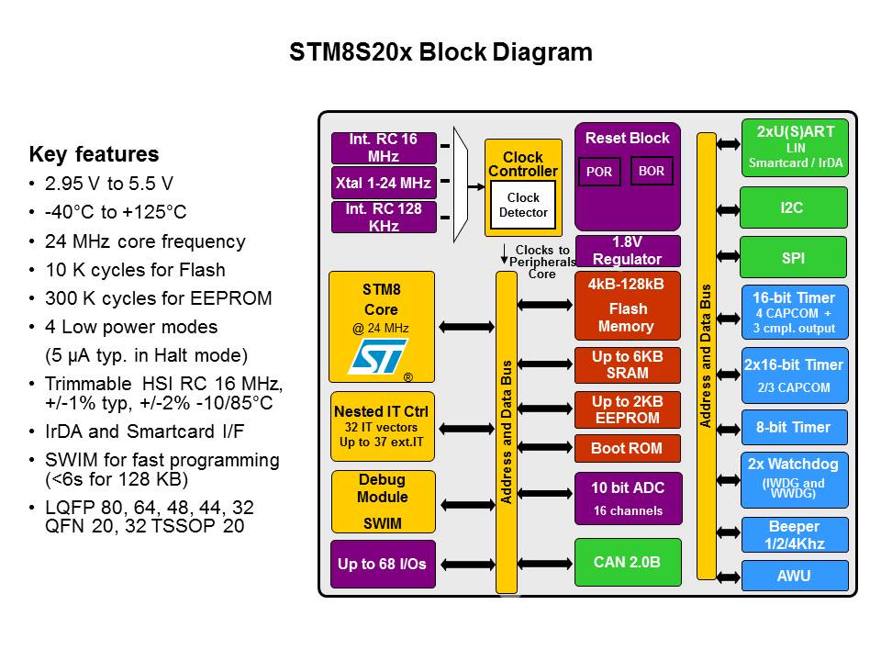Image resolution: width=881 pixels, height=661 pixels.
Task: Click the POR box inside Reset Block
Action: coord(600,172)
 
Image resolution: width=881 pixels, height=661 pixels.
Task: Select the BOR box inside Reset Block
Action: coord(652,171)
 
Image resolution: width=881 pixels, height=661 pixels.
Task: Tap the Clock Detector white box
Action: coord(523,205)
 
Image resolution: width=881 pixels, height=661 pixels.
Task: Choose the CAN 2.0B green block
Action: coord(628,562)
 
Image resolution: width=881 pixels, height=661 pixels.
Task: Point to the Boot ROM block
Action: coord(628,449)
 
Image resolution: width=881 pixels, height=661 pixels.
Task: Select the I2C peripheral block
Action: coord(794,208)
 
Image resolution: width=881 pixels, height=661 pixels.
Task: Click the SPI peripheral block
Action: coord(794,258)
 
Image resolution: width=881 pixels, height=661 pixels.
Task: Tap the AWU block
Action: coord(794,576)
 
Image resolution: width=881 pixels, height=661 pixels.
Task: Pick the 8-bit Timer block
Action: coord(794,427)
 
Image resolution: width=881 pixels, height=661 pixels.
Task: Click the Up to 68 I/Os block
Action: coord(382,564)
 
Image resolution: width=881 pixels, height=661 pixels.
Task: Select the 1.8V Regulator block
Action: coord(628,251)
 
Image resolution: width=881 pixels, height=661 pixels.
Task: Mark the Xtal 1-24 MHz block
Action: coord(384,183)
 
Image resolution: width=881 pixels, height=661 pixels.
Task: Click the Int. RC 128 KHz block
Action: coord(384,217)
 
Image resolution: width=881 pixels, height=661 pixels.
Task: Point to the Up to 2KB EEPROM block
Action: coord(628,409)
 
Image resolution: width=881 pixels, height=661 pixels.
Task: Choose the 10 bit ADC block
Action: coord(628,498)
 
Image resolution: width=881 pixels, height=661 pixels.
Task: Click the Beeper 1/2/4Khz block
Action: coord(794,534)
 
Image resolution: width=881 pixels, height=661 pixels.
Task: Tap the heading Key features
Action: coord(94,154)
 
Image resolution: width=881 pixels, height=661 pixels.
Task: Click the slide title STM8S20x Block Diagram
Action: coord(440,52)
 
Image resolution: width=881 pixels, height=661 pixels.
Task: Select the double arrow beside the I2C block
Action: coord(728,209)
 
